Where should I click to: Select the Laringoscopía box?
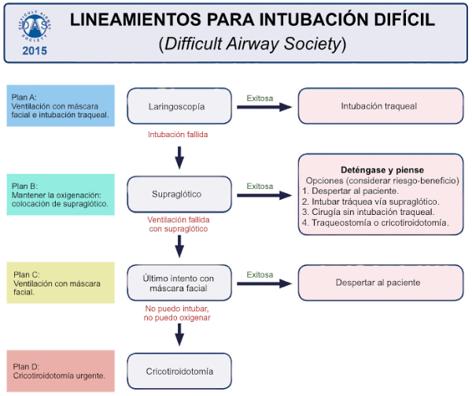click(x=179, y=106)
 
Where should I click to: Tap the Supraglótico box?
click(x=179, y=194)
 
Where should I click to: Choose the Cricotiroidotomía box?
click(x=179, y=370)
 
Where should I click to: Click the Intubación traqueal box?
click(x=380, y=106)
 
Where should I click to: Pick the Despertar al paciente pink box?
click(x=380, y=282)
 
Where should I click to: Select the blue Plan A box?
click(x=61, y=105)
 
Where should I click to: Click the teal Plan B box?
click(x=61, y=194)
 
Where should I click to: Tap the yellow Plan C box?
click(x=61, y=282)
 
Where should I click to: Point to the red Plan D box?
click(x=61, y=370)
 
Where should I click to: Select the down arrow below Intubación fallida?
click(x=179, y=157)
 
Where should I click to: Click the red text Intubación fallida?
click(x=179, y=135)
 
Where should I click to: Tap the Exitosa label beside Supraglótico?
click(x=260, y=187)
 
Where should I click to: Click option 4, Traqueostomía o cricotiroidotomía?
click(x=375, y=223)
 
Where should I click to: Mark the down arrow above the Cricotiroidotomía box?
click(x=179, y=334)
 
